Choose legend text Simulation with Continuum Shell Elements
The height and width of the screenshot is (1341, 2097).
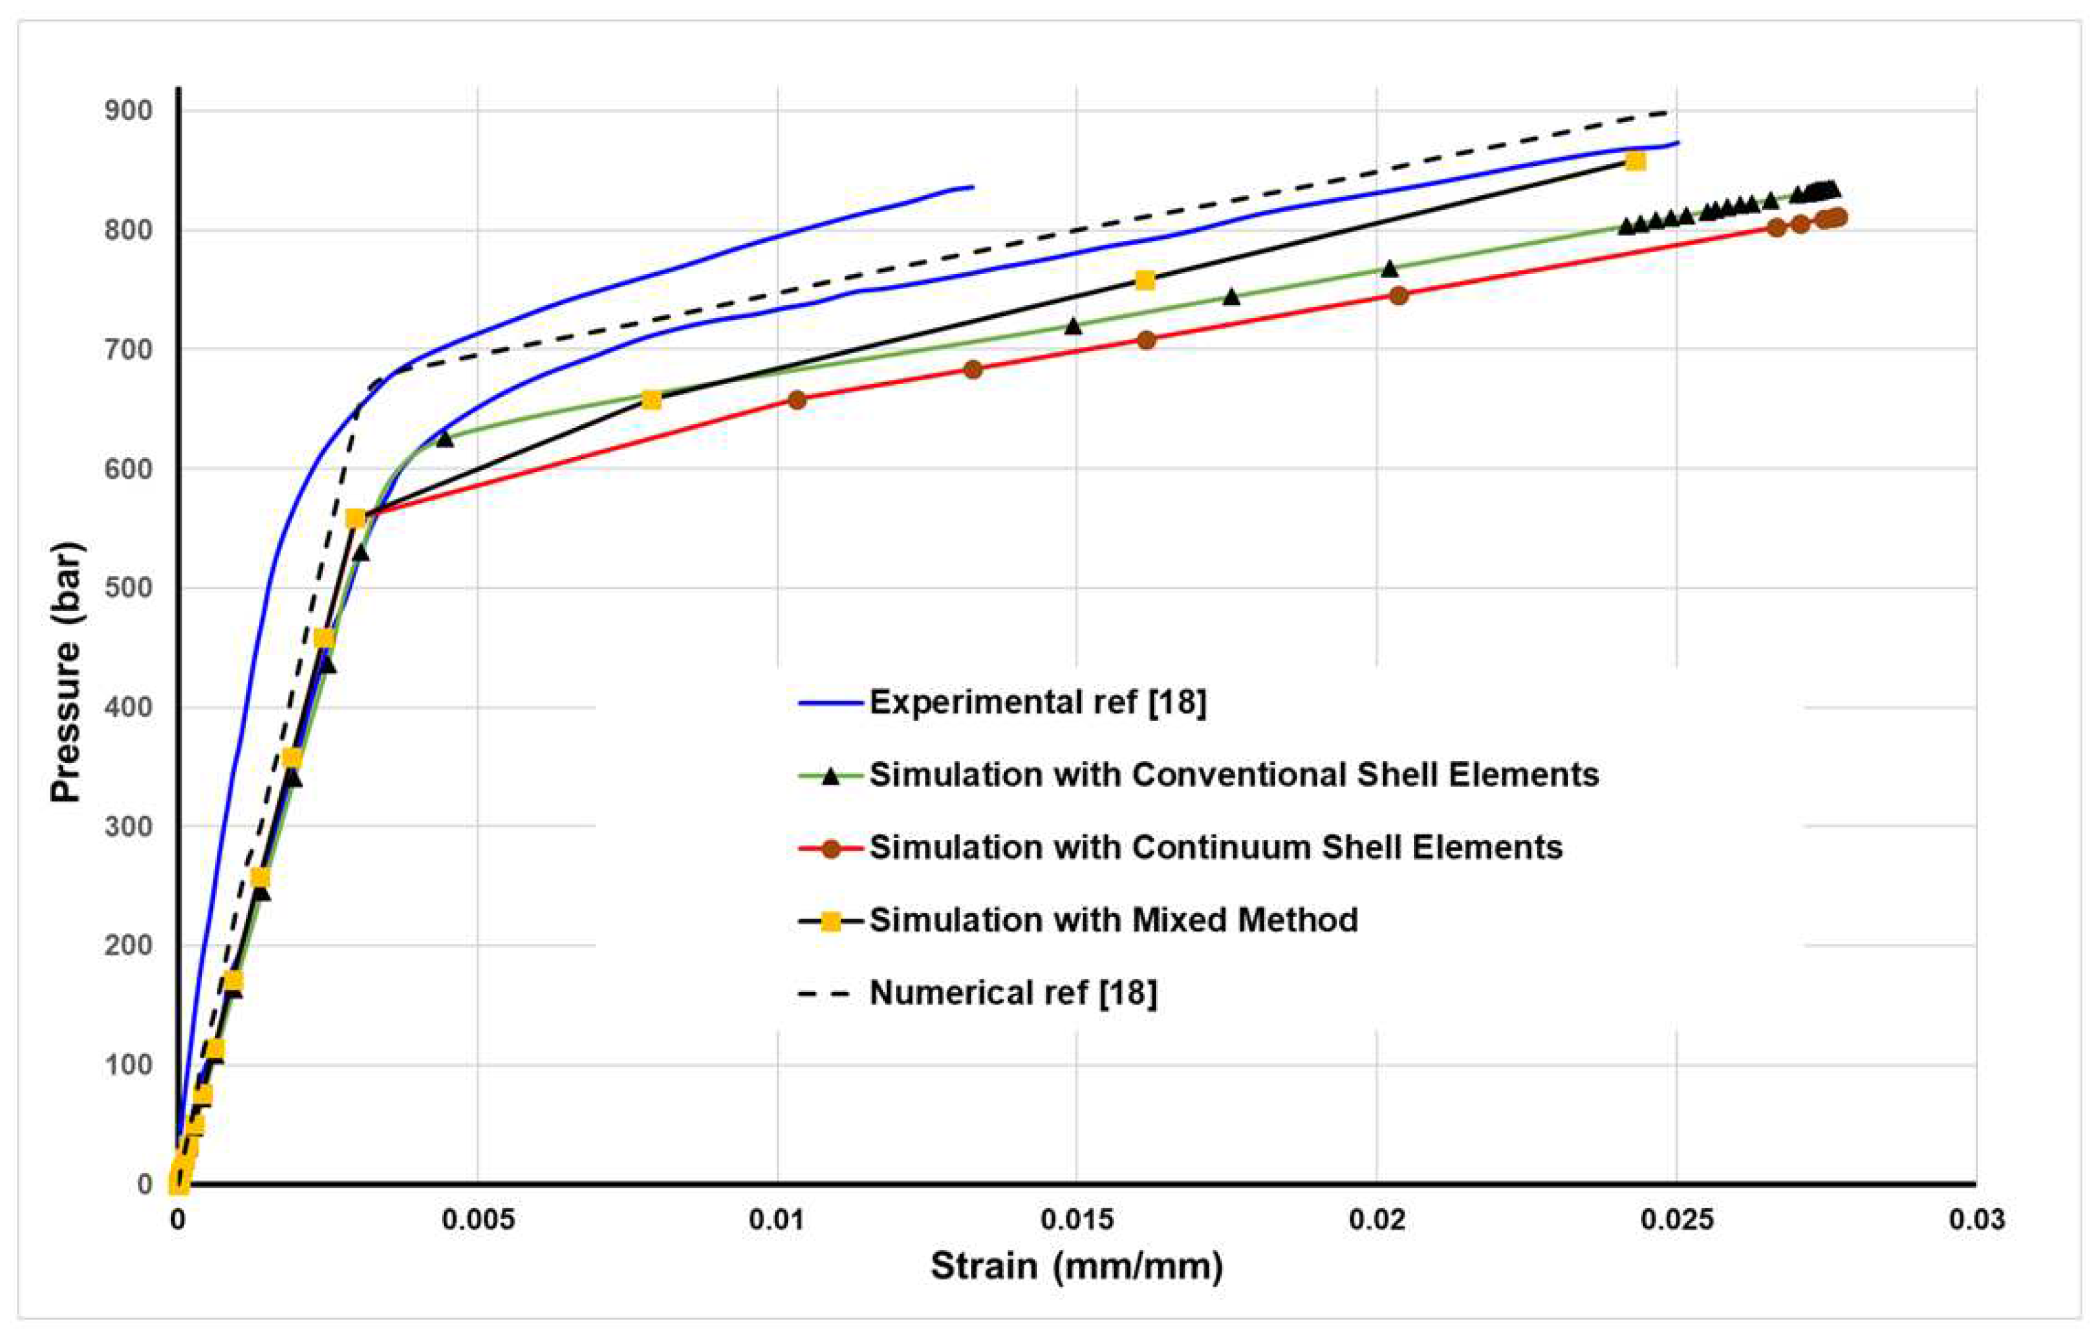(x=1215, y=848)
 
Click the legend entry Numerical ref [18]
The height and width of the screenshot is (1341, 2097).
(x=1013, y=993)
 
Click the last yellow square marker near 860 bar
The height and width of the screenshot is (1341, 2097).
(x=1635, y=162)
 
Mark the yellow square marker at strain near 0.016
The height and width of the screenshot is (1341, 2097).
(x=1145, y=280)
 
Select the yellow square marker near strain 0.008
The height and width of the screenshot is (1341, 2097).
(x=651, y=400)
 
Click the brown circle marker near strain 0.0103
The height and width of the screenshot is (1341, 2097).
(x=797, y=400)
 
